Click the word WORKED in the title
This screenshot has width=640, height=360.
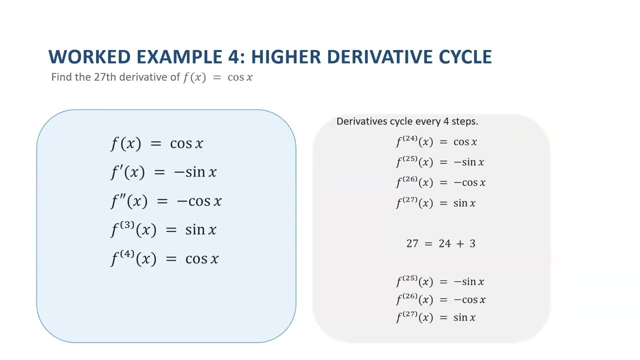[x=89, y=56]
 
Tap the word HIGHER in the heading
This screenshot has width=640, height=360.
[x=286, y=56]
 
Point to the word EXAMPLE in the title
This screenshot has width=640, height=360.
[x=179, y=56]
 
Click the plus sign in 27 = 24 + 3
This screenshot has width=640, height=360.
[x=460, y=243]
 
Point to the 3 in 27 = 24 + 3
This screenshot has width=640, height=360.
[x=472, y=243]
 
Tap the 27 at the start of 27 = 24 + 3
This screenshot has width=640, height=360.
[x=412, y=243]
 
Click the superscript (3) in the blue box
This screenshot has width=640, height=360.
[x=127, y=225]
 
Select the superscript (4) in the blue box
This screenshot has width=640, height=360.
[x=127, y=254]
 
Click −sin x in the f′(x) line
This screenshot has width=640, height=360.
[x=195, y=172]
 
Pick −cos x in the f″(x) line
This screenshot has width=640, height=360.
[x=199, y=201]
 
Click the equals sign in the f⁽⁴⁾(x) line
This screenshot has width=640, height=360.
[x=171, y=259]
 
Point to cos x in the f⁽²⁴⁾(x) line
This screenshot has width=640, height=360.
[x=465, y=142]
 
